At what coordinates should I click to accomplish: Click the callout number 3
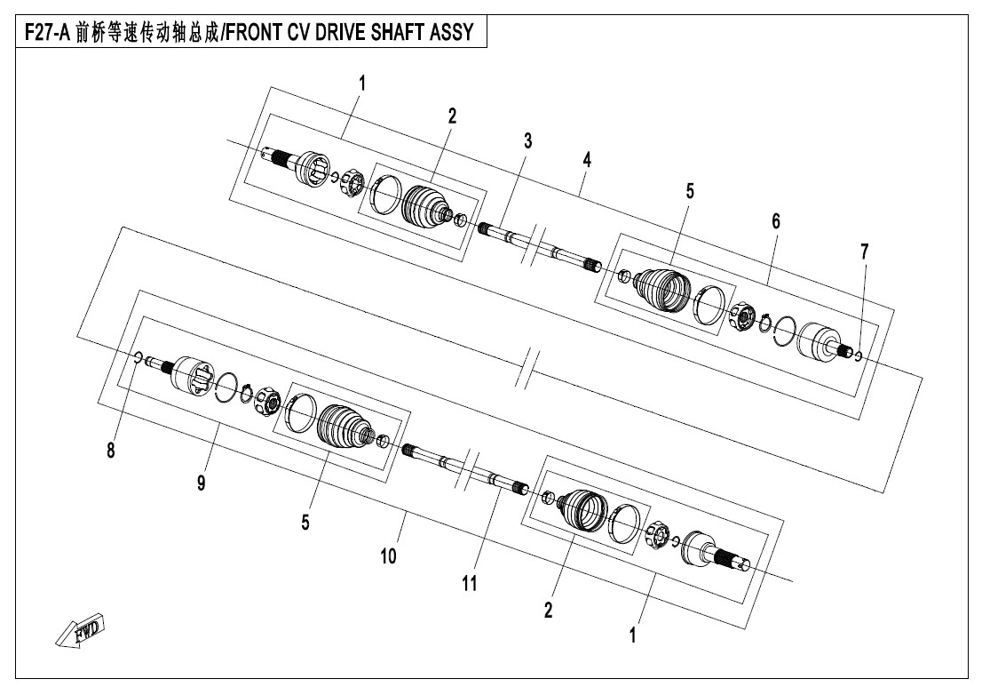[x=528, y=141]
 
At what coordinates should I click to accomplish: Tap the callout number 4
[x=587, y=160]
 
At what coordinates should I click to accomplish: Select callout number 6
[x=776, y=220]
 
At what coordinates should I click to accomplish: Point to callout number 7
[x=864, y=252]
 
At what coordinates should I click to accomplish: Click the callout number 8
[x=111, y=450]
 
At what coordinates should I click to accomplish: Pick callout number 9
[x=201, y=483]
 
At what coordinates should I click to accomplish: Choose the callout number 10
[x=388, y=555]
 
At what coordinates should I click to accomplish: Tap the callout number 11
[x=469, y=584]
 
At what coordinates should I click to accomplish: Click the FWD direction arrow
[x=80, y=631]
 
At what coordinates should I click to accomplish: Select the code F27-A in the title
[x=47, y=33]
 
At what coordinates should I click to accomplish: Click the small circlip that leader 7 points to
[x=858, y=355]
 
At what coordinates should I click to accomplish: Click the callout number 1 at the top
[x=362, y=84]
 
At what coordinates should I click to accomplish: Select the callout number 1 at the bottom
[x=632, y=635]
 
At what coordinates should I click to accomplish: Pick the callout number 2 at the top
[x=452, y=116]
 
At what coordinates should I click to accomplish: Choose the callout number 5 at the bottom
[x=305, y=523]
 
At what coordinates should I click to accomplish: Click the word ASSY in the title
[x=452, y=33]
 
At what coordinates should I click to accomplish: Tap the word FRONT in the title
[x=252, y=33]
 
